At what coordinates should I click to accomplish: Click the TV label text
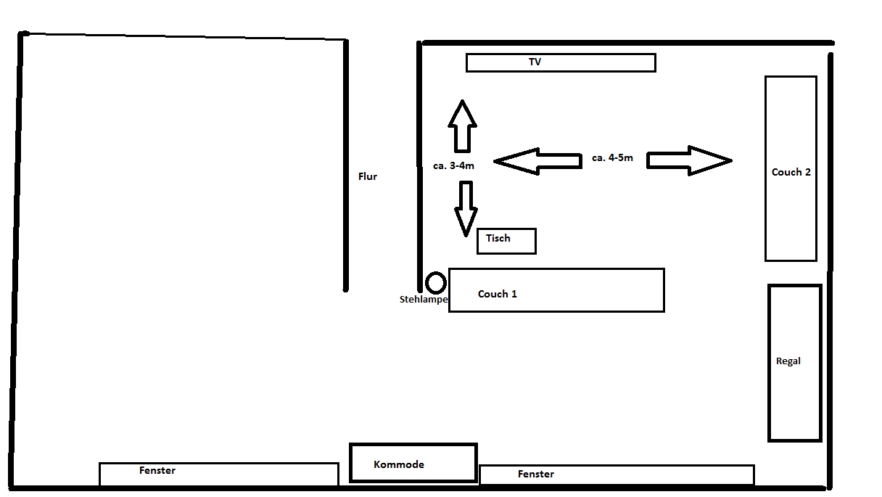pyautogui.click(x=535, y=62)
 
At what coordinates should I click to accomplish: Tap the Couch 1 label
pyautogui.click(x=498, y=294)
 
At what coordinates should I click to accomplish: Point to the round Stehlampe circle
pyautogui.click(x=435, y=283)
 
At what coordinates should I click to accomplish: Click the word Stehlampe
pyautogui.click(x=424, y=299)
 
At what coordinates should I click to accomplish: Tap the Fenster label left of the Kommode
pyautogui.click(x=157, y=470)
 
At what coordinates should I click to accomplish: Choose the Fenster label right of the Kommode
pyautogui.click(x=536, y=474)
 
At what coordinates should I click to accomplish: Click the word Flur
pyautogui.click(x=368, y=176)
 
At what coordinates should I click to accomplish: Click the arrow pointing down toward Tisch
pyautogui.click(x=466, y=208)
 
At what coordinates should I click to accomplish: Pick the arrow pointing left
pyautogui.click(x=537, y=161)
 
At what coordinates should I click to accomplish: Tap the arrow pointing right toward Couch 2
pyautogui.click(x=689, y=160)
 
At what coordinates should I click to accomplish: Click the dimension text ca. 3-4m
pyautogui.click(x=453, y=166)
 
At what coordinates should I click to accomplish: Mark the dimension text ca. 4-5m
pyautogui.click(x=612, y=157)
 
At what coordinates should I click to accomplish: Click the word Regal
pyautogui.click(x=788, y=361)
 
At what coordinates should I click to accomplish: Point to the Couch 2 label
pyautogui.click(x=791, y=172)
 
